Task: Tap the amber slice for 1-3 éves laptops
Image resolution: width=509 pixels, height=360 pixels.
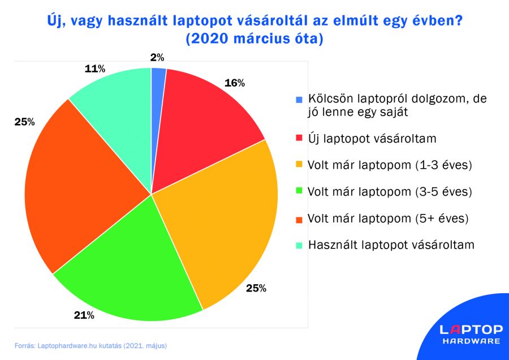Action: [x=226, y=226]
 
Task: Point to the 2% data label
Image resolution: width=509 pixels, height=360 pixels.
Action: [x=157, y=57]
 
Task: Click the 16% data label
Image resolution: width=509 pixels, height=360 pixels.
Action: [x=234, y=83]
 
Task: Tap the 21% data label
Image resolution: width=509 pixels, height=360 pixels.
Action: [x=84, y=315]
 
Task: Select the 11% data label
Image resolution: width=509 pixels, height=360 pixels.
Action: [x=95, y=69]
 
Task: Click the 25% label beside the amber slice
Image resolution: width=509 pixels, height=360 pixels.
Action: [x=256, y=288]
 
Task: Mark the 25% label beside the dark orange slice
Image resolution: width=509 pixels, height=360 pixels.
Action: [x=25, y=122]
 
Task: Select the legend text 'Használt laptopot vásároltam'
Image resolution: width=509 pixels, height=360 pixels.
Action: [x=391, y=245]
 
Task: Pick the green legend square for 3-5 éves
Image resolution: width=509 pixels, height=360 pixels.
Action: [x=299, y=192]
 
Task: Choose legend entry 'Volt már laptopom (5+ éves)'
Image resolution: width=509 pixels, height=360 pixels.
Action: [x=389, y=218]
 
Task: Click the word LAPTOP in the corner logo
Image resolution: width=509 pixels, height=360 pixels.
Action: [x=471, y=329]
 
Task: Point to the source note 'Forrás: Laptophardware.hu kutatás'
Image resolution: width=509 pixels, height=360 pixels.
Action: [x=90, y=345]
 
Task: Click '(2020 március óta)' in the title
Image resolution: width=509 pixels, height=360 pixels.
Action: [x=254, y=40]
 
